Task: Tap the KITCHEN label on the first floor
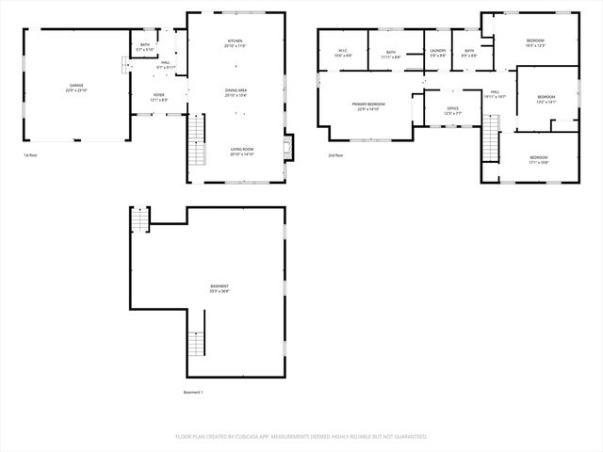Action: (236, 41)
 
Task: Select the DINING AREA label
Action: (236, 91)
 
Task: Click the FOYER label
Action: (159, 95)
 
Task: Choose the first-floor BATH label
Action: (145, 45)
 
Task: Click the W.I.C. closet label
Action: (343, 51)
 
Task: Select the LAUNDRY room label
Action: (438, 51)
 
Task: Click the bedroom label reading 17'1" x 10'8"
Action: (538, 157)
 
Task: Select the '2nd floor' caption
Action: (335, 154)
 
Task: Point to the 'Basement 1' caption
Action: (192, 392)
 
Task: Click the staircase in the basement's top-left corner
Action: (139, 218)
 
